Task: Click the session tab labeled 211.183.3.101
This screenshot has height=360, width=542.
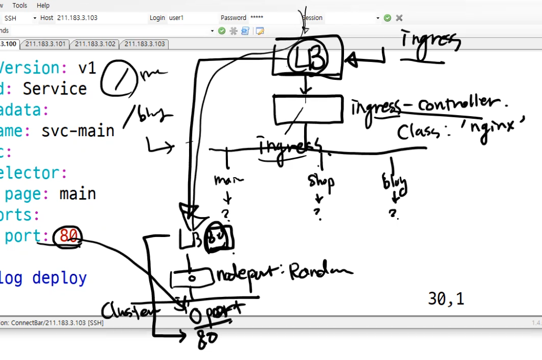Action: point(45,44)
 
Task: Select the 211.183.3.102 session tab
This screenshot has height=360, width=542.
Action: point(95,44)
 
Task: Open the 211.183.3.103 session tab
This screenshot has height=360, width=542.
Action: point(144,44)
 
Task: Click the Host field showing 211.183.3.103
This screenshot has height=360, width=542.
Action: point(100,18)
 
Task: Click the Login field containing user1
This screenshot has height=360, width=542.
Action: point(191,18)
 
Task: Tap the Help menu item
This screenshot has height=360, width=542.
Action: point(43,5)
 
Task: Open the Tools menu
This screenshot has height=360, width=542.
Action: point(19,5)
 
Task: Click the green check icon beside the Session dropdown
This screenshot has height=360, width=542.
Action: point(388,18)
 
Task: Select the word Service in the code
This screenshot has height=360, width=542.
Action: point(55,88)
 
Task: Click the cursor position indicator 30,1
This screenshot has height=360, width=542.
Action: point(446,299)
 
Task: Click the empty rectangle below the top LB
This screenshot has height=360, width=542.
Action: point(308,109)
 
